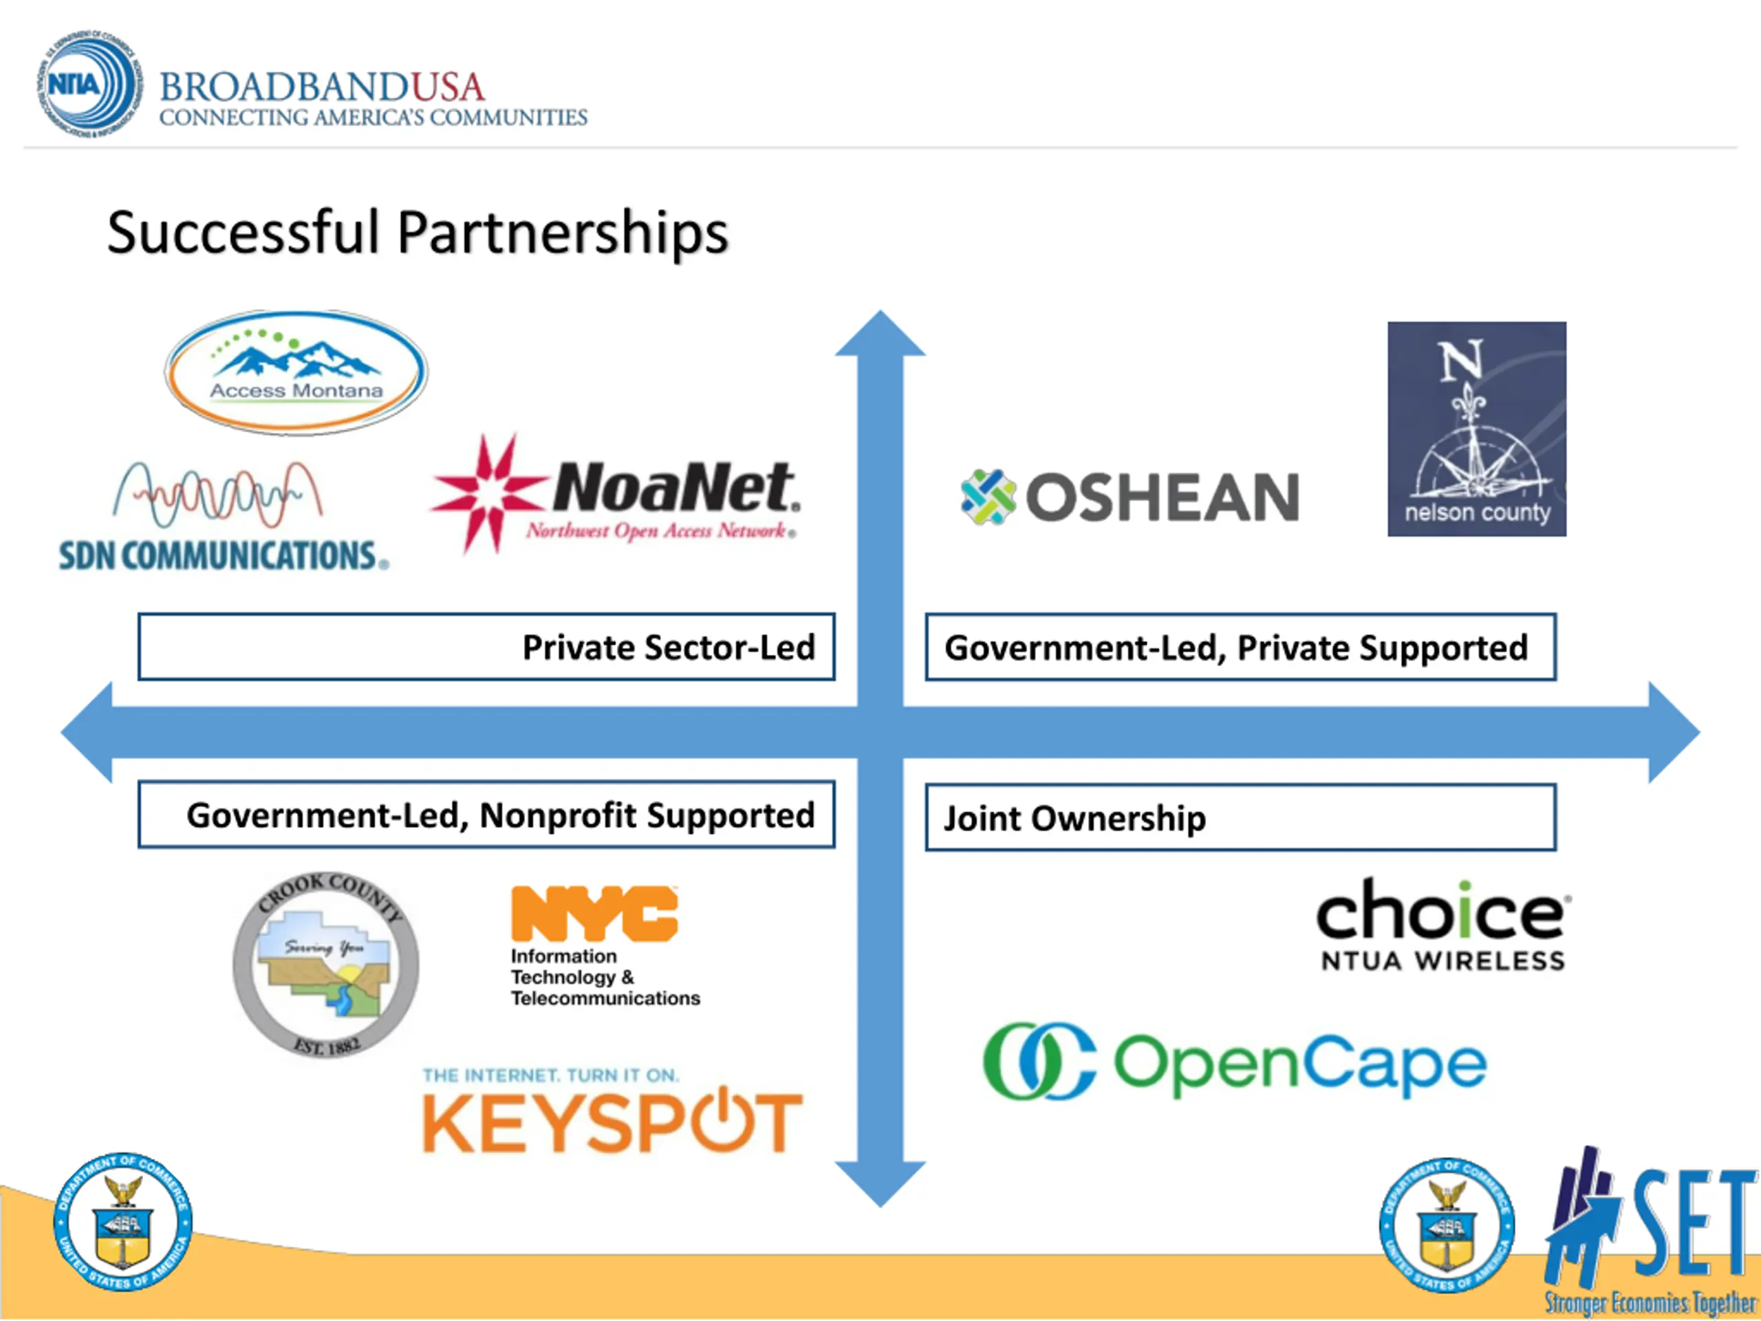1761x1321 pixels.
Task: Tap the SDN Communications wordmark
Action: click(223, 555)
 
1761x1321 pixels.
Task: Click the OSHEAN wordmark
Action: click(1162, 497)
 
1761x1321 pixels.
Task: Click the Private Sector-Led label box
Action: click(486, 647)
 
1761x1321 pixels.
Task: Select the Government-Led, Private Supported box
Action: click(1240, 647)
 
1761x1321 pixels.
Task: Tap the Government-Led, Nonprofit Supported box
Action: click(486, 814)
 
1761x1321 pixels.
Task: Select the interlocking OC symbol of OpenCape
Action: click(1038, 1061)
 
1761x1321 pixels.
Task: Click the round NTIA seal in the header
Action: click(87, 84)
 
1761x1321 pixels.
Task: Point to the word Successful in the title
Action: click(242, 233)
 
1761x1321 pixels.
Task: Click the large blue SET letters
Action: click(1692, 1226)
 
